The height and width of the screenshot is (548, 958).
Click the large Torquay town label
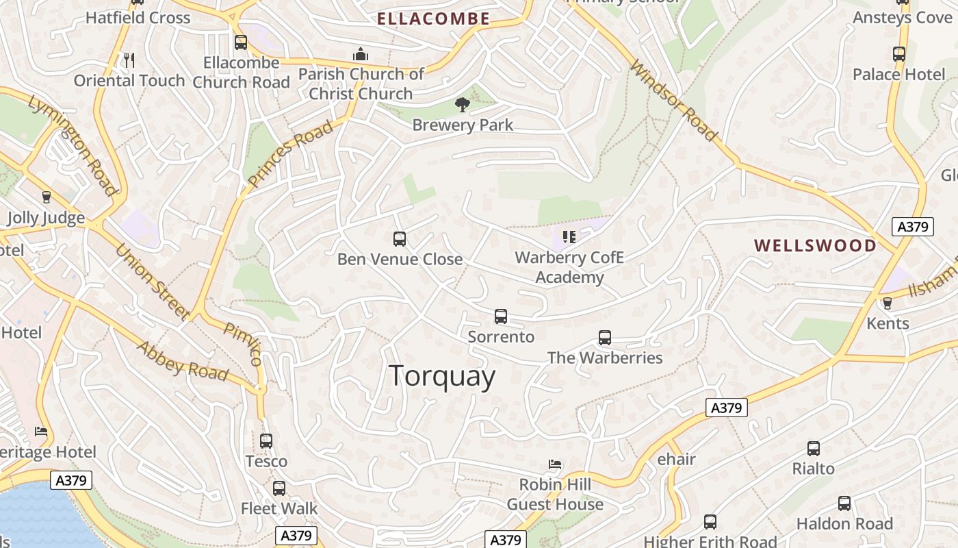(x=442, y=377)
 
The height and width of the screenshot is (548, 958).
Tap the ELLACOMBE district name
(x=434, y=19)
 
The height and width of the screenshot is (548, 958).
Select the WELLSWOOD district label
(x=815, y=246)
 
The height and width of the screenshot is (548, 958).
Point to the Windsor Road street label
(x=673, y=100)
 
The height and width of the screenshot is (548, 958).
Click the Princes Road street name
(x=291, y=153)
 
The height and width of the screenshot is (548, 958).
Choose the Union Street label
(x=152, y=282)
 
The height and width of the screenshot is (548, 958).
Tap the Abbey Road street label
(x=182, y=361)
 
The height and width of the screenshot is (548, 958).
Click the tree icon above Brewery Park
(x=463, y=105)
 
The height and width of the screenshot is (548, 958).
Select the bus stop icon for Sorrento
(x=501, y=316)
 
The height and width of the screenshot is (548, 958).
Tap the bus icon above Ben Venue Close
(x=400, y=239)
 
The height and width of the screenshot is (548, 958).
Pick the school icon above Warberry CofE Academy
(x=569, y=237)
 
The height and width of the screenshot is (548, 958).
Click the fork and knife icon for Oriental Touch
(x=129, y=60)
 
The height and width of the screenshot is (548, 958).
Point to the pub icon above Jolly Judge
(x=47, y=197)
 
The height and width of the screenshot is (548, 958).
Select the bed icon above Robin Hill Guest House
(x=555, y=464)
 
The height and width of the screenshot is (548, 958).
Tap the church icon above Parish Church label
(x=361, y=54)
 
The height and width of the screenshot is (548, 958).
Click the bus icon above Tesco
(x=266, y=441)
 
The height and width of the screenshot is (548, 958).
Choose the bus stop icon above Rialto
(x=813, y=449)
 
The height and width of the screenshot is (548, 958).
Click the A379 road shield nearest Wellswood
(x=913, y=227)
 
